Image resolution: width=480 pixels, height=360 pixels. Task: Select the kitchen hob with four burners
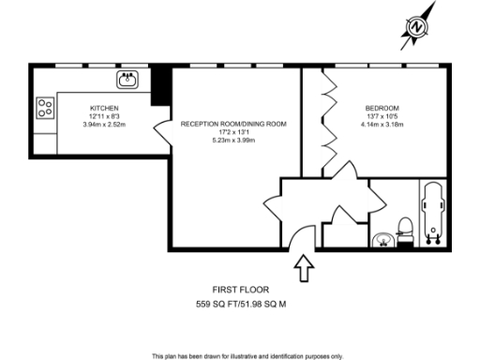[44, 109]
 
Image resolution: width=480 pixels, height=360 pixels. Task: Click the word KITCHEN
[103, 109]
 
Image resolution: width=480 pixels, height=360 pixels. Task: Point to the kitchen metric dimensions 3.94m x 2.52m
[103, 125]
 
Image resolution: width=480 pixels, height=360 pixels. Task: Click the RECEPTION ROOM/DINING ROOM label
[233, 124]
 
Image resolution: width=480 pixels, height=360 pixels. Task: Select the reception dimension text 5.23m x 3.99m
[233, 140]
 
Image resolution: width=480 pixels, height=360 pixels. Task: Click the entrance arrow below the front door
[304, 269]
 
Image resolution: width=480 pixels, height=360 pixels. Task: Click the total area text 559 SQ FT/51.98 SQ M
[238, 305]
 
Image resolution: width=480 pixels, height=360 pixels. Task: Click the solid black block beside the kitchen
[160, 84]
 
